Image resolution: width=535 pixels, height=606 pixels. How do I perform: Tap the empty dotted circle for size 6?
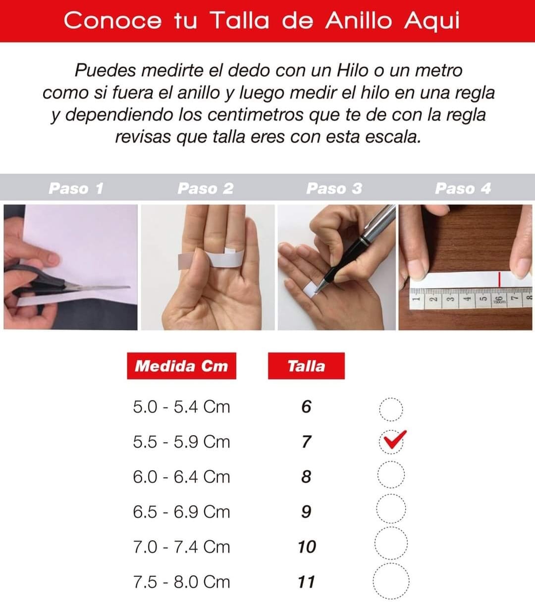click(391, 398)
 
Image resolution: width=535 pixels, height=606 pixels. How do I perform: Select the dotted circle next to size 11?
click(391, 564)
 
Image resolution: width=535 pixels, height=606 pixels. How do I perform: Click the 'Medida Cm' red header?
click(181, 366)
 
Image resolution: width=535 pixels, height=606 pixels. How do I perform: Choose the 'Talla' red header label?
click(306, 366)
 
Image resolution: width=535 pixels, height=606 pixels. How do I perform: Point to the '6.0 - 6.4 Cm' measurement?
click(181, 477)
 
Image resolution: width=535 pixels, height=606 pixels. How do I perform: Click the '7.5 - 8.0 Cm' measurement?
click(181, 582)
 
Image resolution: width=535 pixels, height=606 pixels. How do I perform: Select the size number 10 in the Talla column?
click(307, 547)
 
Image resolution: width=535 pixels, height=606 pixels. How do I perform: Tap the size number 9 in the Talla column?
click(306, 512)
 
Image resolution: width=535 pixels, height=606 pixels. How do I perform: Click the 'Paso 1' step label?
click(76, 188)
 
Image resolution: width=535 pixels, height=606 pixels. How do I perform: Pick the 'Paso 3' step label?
click(334, 188)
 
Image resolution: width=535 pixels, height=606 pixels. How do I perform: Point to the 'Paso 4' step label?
click(463, 188)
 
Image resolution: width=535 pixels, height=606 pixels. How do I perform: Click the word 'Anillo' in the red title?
click(359, 21)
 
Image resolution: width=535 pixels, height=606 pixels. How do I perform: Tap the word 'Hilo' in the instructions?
click(352, 71)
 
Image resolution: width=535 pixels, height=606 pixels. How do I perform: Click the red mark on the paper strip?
click(499, 279)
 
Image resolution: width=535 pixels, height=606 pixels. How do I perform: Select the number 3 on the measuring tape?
click(449, 299)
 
